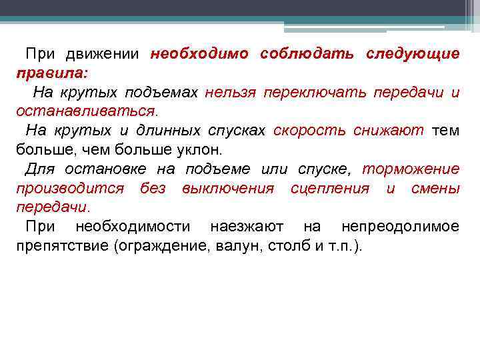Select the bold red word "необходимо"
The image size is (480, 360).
(199, 54)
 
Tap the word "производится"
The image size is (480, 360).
(70, 188)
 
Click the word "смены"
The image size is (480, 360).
(435, 188)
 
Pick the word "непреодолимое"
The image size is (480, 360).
(400, 227)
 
